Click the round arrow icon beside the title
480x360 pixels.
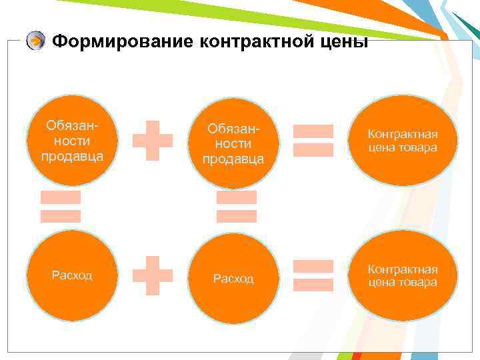pos(36,41)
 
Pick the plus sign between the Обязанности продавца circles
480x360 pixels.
pos(153,140)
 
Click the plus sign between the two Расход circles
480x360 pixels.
pos(153,274)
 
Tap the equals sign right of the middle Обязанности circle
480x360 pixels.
pos(313,140)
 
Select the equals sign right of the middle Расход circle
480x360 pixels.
pos(313,275)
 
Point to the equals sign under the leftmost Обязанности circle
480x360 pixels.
pos(61,207)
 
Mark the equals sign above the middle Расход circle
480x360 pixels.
pos(237,207)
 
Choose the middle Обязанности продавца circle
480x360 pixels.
pos(233,143)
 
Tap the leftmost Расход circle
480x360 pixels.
pos(73,275)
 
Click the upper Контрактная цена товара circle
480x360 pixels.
pos(403,141)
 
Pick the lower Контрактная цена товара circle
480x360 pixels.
pos(403,275)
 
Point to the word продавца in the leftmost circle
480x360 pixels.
pos(72,157)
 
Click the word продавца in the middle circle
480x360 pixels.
pos(233,159)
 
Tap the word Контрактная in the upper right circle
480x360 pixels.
pos(403,134)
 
